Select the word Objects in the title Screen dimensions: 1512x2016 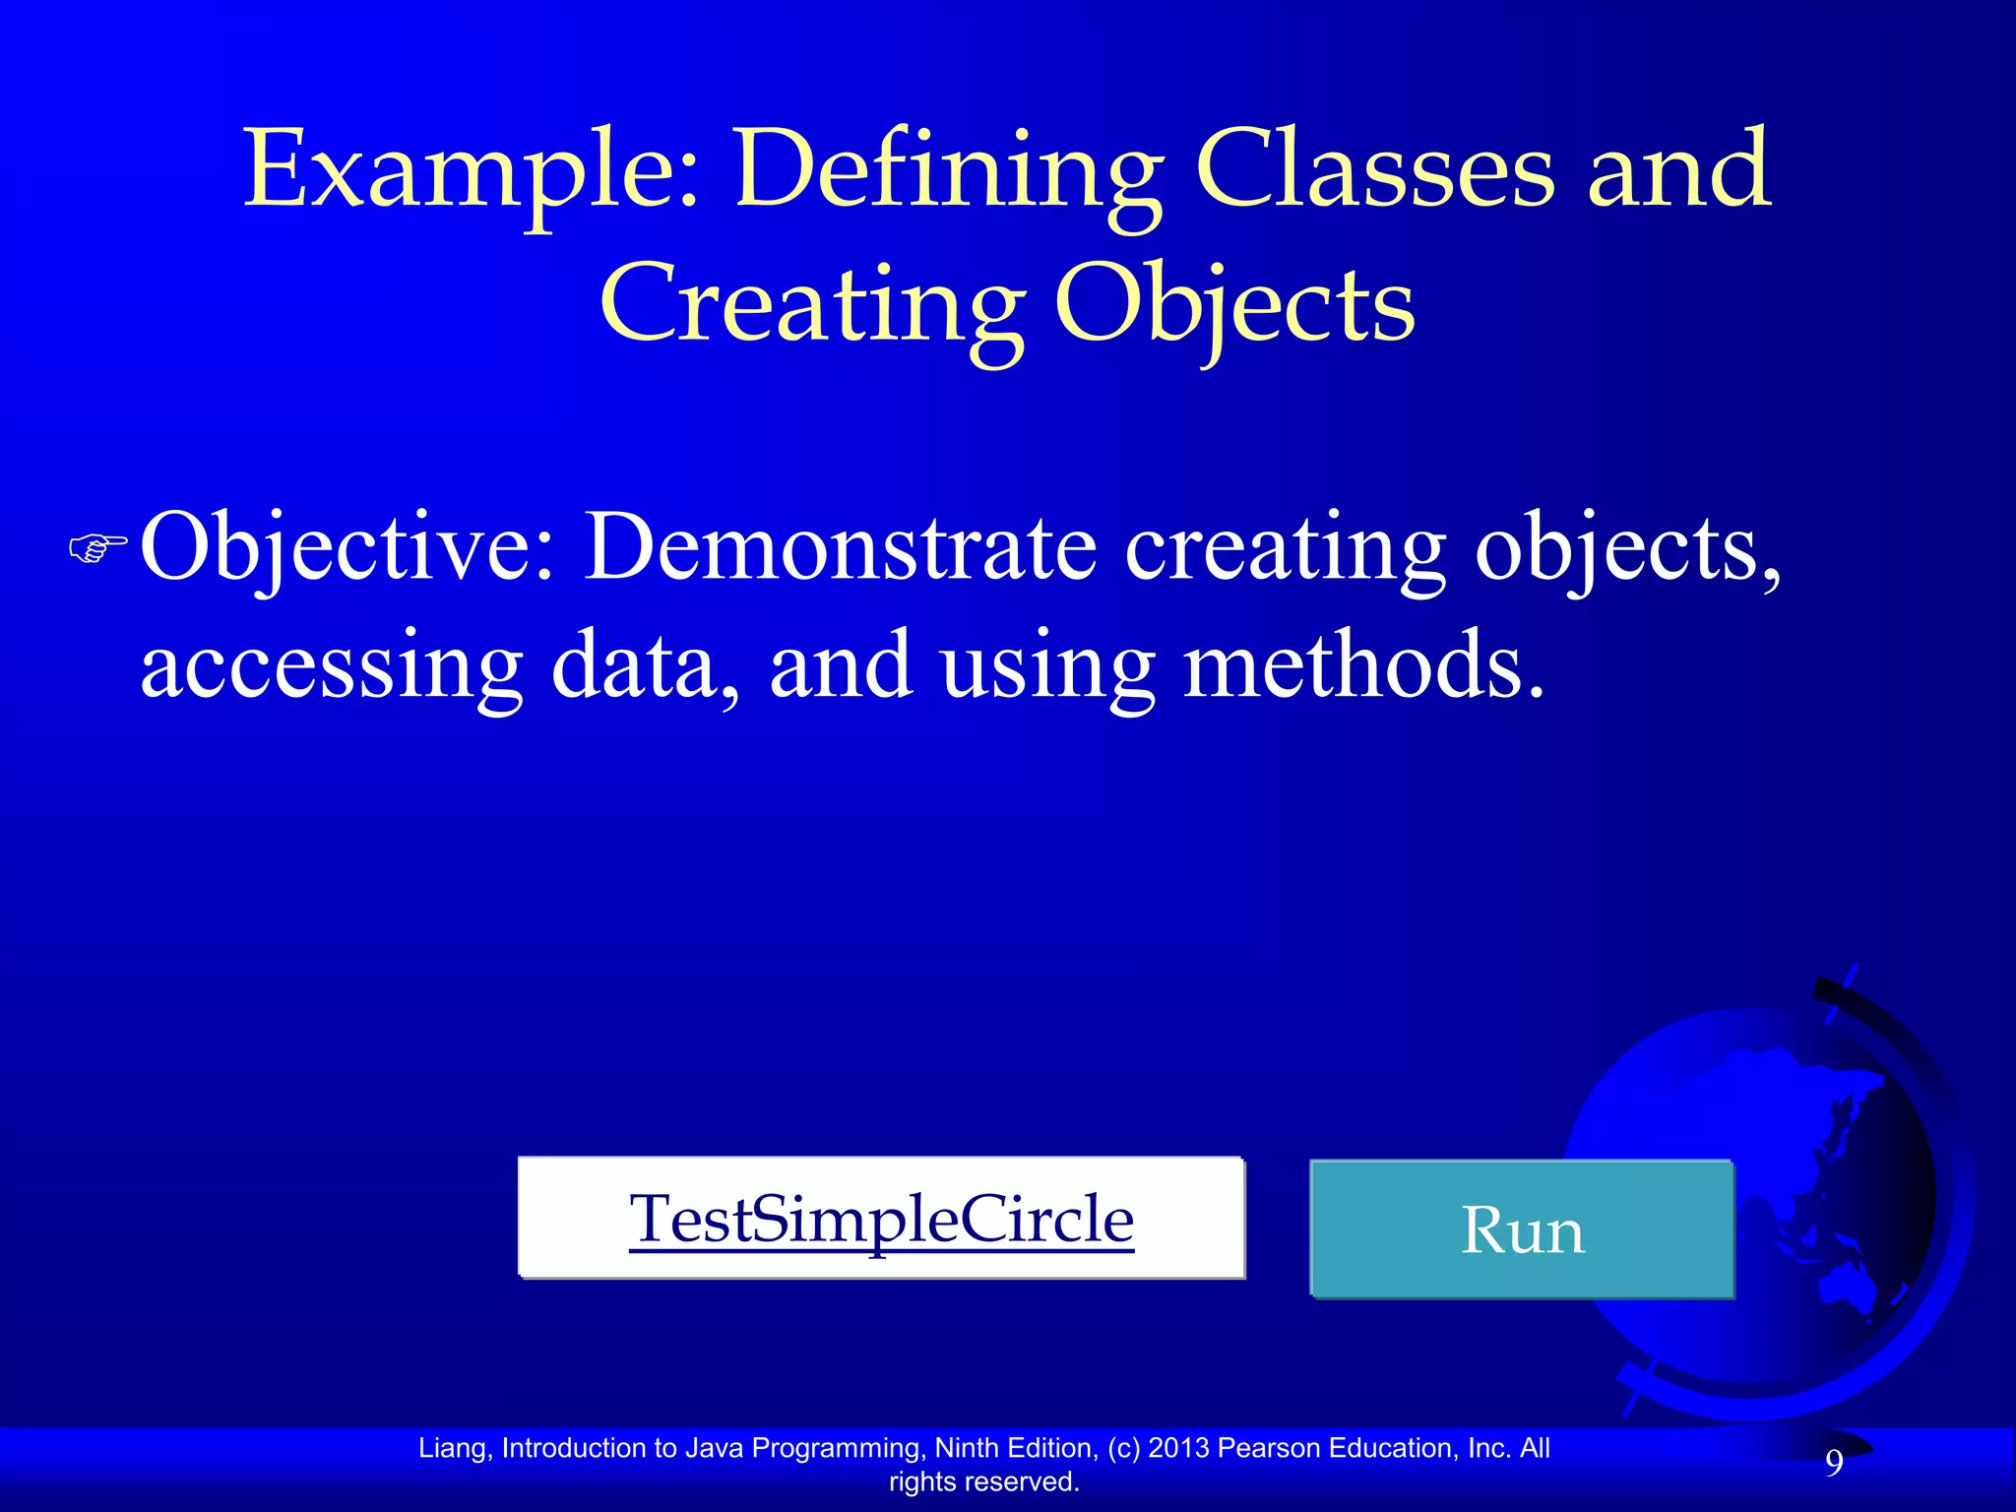coord(1234,305)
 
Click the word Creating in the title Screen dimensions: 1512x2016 coord(812,305)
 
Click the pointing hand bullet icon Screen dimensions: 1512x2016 coord(98,547)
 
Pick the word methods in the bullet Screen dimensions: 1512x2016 coord(1363,665)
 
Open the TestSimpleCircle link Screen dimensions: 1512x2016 coord(881,1220)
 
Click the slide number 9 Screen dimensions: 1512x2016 coord(1834,1464)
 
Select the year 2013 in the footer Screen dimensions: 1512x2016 coord(1178,1448)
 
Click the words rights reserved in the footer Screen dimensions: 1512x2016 coord(983,1481)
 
